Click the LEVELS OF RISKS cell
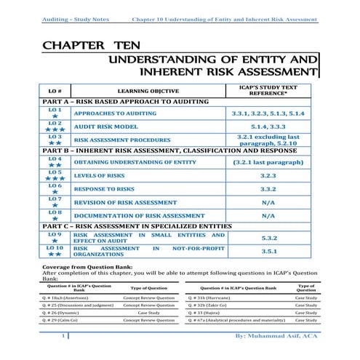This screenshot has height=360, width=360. pos(103,175)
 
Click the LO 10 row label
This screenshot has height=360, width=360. pos(55,251)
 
